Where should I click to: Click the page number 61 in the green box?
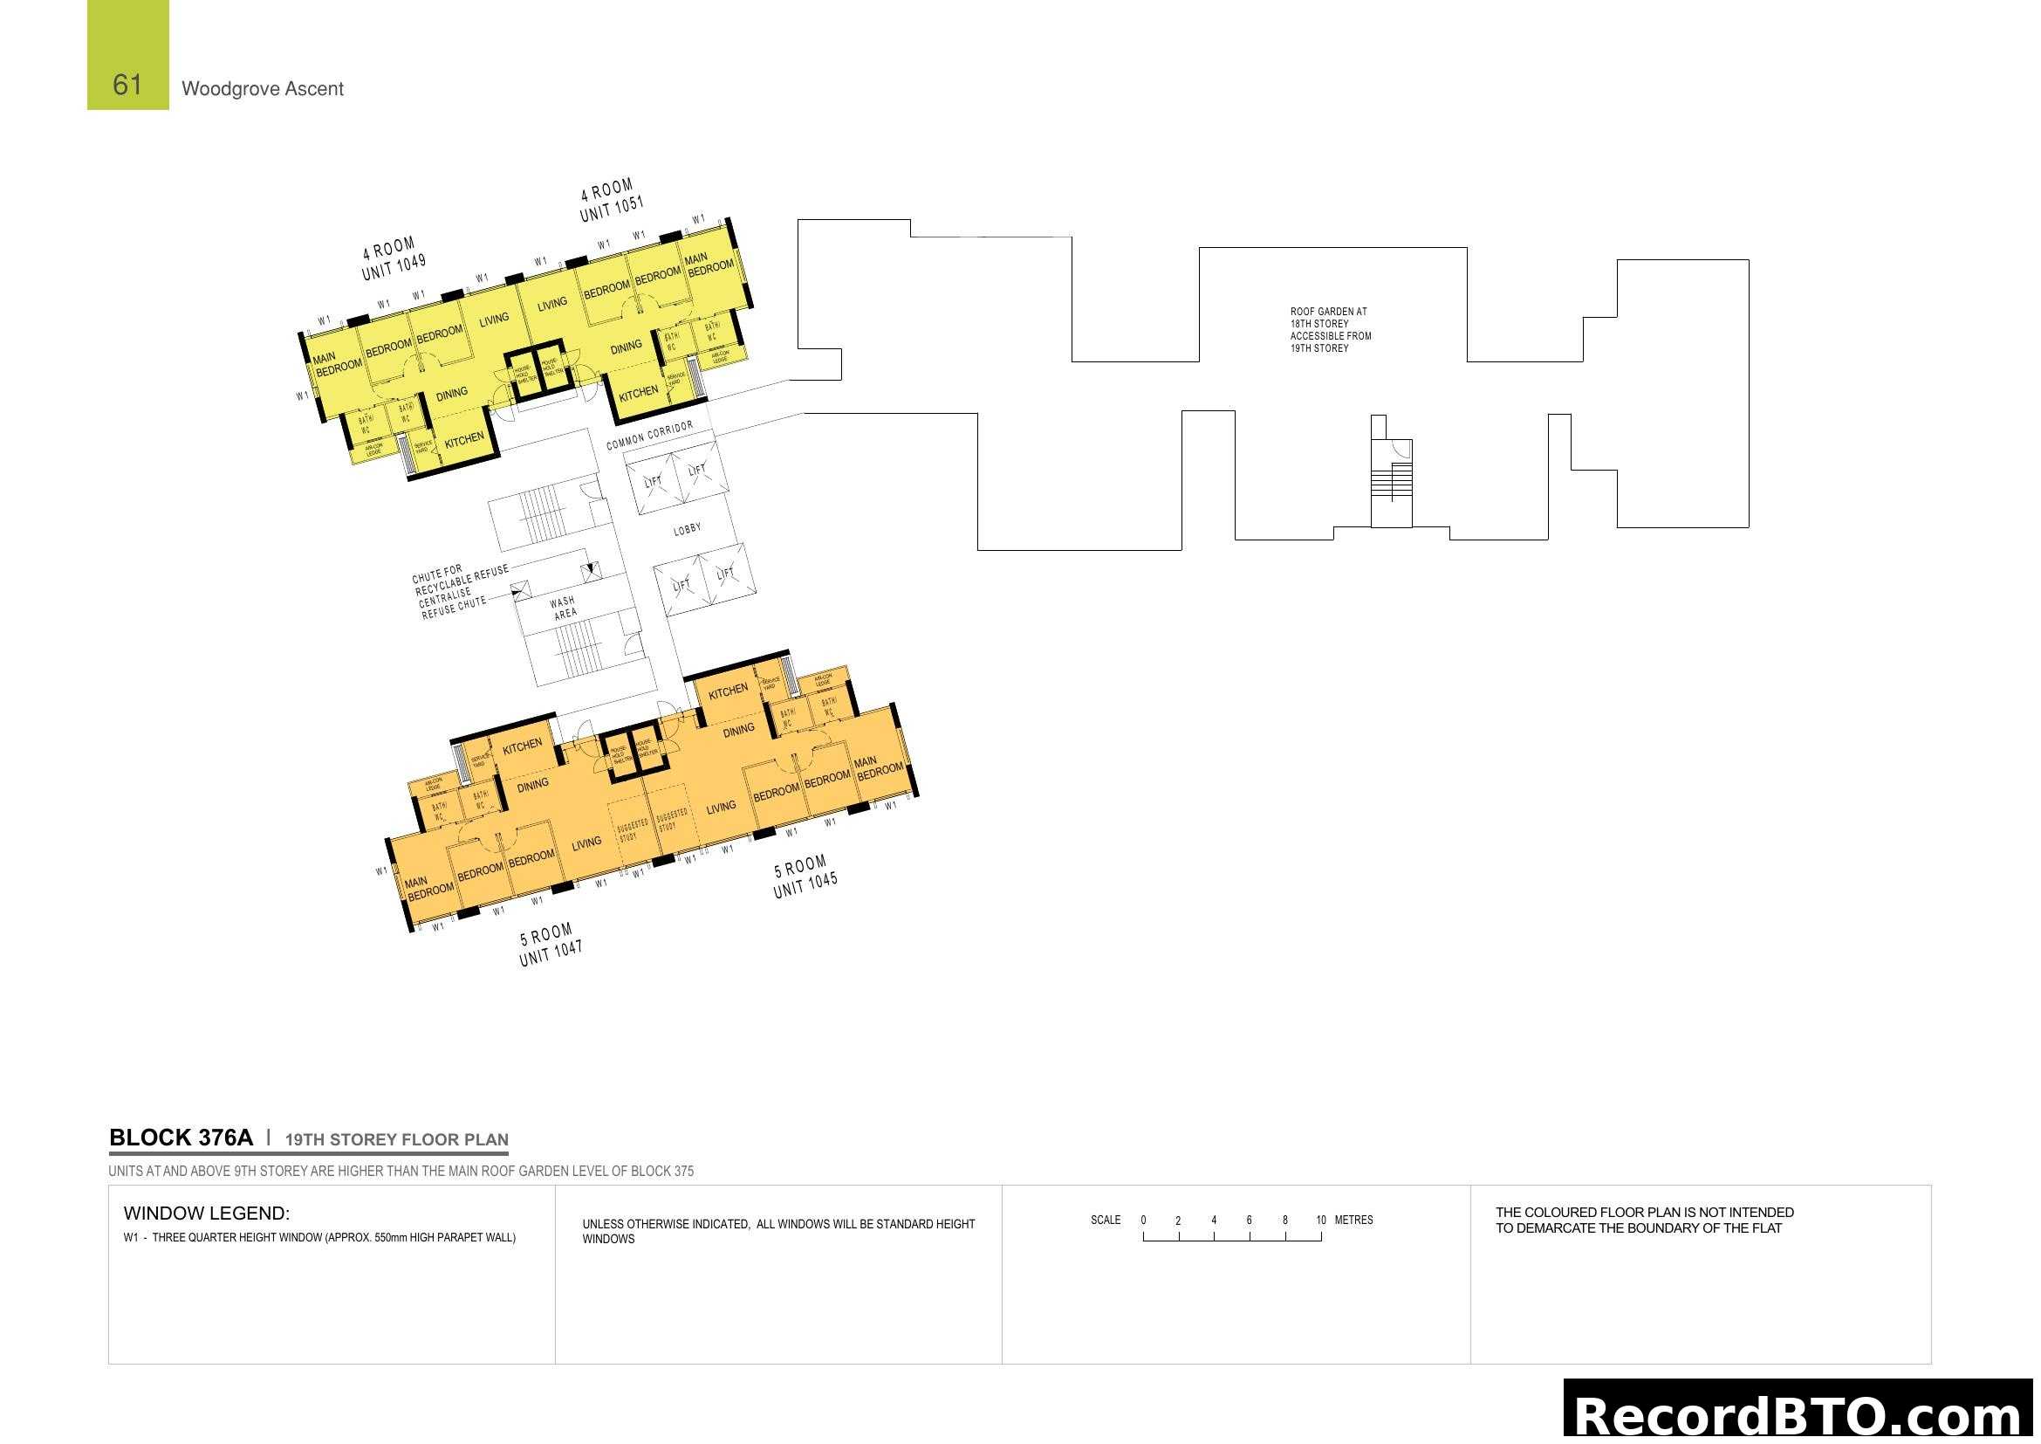point(127,85)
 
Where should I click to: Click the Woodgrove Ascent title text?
point(263,89)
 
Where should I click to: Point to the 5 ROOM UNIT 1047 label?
point(550,945)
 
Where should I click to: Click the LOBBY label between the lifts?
point(687,529)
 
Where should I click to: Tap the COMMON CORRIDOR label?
point(649,436)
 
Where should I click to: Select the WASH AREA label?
point(564,609)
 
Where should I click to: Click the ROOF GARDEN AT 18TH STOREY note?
point(1330,330)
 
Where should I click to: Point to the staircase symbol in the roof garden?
point(1391,481)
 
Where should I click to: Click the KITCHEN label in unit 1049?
point(464,440)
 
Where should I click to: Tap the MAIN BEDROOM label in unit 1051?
point(709,263)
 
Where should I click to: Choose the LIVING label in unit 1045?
point(721,807)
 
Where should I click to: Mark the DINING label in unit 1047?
point(532,785)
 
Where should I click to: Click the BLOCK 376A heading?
point(181,1138)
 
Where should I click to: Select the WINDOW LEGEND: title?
point(206,1213)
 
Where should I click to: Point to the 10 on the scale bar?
point(1320,1220)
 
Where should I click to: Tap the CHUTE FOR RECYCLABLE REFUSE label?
point(460,579)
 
